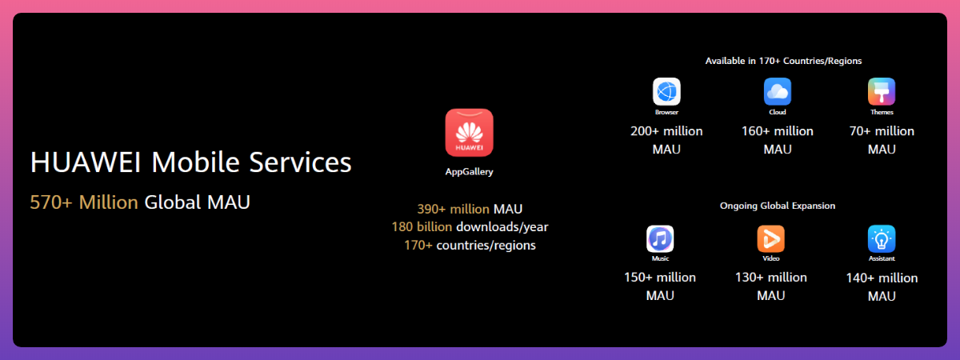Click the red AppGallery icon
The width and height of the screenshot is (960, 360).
pos(469,133)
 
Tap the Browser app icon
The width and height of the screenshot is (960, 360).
pos(666,91)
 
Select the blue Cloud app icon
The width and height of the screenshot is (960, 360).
pos(777,91)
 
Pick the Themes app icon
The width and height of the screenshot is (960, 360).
pos(882,91)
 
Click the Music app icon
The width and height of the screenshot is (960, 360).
pos(660,238)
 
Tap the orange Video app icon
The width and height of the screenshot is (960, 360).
pos(770,238)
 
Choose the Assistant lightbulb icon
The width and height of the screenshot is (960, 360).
pos(882,238)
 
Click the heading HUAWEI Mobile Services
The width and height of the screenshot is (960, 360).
pos(190,162)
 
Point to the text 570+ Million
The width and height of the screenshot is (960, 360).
pos(84,202)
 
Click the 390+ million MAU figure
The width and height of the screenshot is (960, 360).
pos(470,209)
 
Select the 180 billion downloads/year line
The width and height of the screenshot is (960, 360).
pos(470,227)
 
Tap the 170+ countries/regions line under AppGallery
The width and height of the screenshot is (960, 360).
pos(470,245)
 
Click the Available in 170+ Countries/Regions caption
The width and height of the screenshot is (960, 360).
pos(783,61)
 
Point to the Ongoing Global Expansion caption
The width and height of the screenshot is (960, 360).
pos(777,206)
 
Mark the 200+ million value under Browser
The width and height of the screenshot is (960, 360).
pos(666,131)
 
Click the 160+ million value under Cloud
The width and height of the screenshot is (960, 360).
pos(777,131)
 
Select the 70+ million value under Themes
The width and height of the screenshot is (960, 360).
pos(882,131)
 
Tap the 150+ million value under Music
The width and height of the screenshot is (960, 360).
pos(660,278)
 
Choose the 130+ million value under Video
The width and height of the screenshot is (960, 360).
pos(770,278)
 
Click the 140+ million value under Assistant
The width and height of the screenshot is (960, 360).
pos(882,278)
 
